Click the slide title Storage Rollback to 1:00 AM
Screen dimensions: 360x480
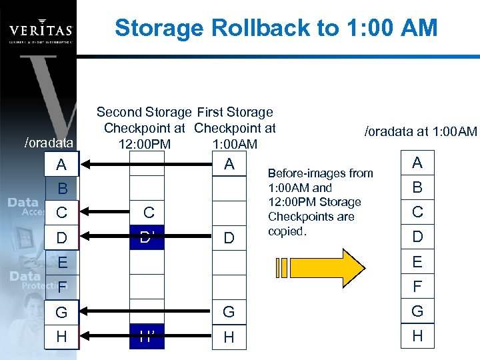coord(276,28)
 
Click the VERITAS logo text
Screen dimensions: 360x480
coord(41,30)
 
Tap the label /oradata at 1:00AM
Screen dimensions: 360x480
coord(420,131)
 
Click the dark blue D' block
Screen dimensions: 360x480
coord(147,237)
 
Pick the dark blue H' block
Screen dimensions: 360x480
coord(147,337)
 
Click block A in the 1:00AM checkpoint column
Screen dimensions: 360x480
coord(229,164)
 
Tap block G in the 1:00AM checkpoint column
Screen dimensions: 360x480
coord(229,312)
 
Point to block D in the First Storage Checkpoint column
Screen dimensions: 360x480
coord(229,237)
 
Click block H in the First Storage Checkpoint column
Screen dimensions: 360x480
coord(229,337)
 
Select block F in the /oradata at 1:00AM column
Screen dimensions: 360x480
coord(417,287)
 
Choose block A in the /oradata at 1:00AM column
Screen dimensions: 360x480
coord(417,163)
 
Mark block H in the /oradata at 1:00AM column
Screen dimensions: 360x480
coord(417,336)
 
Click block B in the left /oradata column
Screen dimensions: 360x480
coord(62,188)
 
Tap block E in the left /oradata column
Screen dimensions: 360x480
coord(62,263)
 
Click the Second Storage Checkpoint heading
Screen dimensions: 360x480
coord(145,128)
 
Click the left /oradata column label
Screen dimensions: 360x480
coord(48,142)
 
